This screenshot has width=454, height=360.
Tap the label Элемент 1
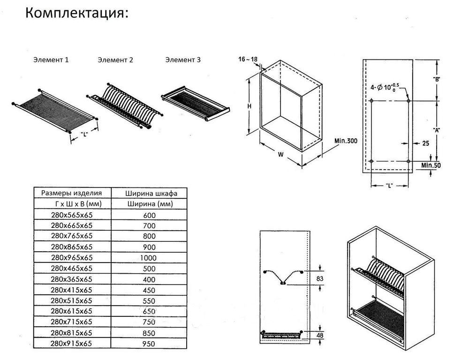click(51, 60)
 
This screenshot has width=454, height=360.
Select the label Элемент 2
click(115, 60)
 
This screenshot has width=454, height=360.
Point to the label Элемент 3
click(183, 60)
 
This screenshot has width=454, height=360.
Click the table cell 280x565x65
click(72, 215)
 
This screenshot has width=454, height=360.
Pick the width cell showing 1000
click(148, 258)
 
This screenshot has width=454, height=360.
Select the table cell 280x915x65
click(72, 344)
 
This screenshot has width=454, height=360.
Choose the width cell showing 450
click(148, 290)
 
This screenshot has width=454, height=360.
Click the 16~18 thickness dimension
click(249, 60)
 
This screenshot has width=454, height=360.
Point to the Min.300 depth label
click(346, 140)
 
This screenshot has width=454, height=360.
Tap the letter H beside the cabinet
click(250, 106)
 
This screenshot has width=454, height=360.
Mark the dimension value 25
click(425, 143)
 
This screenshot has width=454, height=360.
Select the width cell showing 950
click(148, 344)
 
